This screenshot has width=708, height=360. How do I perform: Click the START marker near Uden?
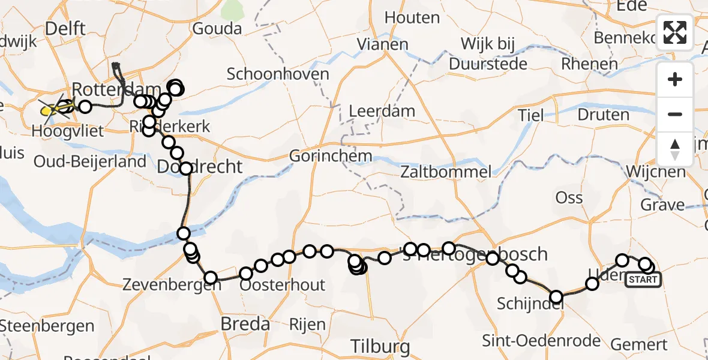tap(643, 280)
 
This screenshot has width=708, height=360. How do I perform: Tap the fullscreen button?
tap(675, 32)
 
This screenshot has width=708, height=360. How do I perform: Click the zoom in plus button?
tap(675, 79)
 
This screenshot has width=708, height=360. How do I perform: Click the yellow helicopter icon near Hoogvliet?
tap(49, 110)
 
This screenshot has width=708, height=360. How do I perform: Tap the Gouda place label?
tap(217, 29)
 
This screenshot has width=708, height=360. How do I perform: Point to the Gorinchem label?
tap(331, 156)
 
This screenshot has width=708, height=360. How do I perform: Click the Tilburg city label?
tap(380, 346)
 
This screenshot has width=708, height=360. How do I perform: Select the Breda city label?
tap(245, 324)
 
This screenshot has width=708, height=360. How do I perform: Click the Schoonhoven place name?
tap(278, 74)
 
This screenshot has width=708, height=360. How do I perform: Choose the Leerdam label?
tap(382, 111)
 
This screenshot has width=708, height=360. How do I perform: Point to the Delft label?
tap(65, 28)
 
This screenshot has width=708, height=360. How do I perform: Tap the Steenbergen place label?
tap(47, 326)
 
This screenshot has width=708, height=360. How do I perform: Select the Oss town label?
tap(569, 197)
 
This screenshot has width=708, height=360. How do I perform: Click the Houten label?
tap(412, 18)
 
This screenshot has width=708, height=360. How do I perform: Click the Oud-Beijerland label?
tap(90, 161)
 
